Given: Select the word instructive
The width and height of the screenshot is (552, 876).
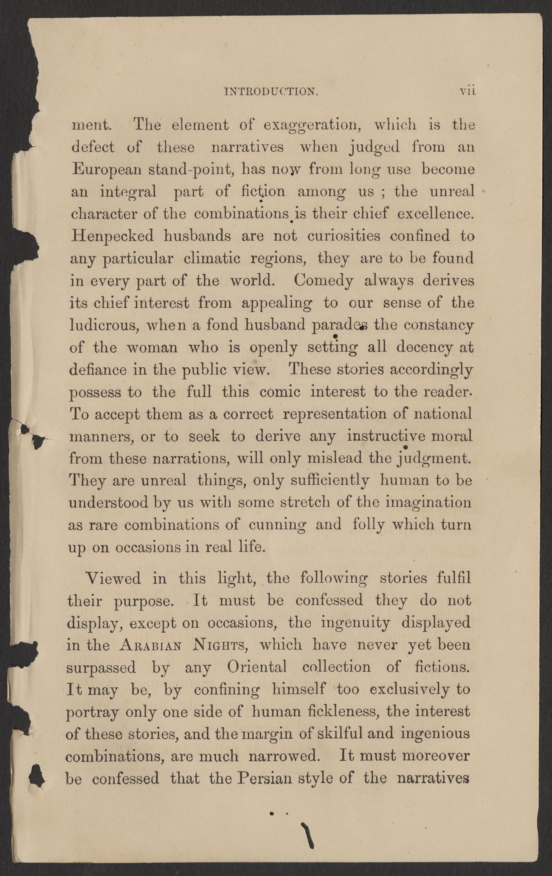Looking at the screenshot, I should tap(386, 436).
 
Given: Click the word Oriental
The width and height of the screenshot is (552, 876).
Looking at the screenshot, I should tap(257, 667).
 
